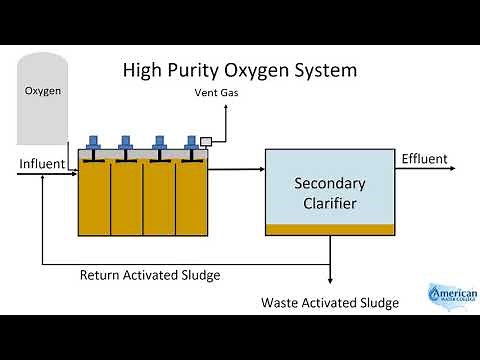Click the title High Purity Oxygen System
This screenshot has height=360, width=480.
239,71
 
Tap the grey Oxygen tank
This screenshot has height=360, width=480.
43,100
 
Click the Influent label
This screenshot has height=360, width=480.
42,163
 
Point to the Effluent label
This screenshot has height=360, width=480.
424,159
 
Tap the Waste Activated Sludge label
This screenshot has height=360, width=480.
330,302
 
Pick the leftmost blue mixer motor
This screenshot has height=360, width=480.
95,142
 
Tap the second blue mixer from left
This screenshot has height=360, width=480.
126,142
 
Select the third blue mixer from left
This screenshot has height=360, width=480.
156,142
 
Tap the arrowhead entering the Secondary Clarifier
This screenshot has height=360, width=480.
259,171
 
